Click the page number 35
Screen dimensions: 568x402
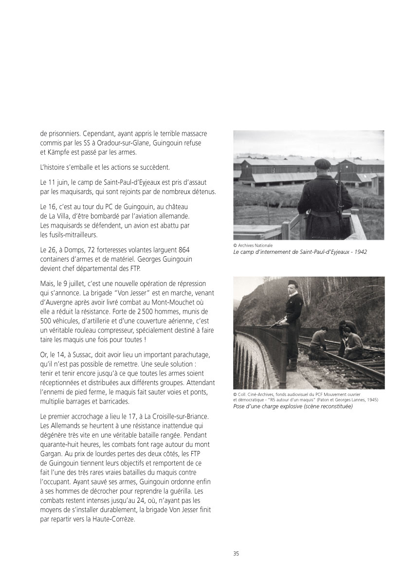pyautogui.click(x=236, y=553)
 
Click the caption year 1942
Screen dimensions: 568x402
pyautogui.click(x=360, y=252)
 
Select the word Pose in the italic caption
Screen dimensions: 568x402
pyautogui.click(x=240, y=407)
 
